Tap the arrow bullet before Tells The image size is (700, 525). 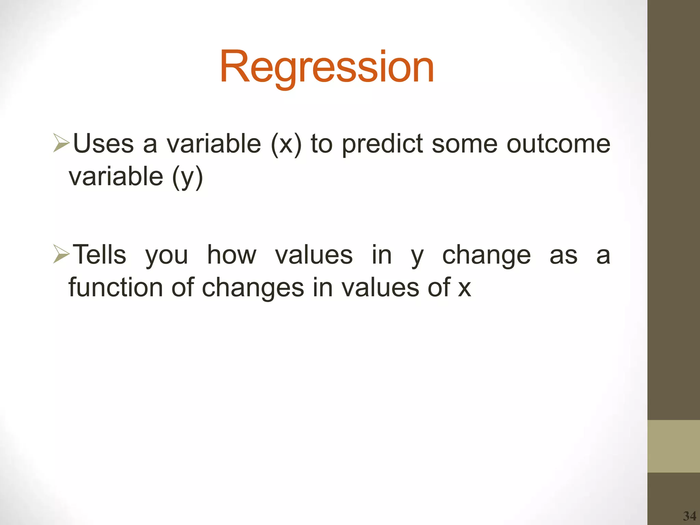click(62, 255)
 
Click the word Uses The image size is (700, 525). click(103, 144)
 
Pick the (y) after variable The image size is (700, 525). click(187, 177)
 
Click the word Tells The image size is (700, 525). click(100, 255)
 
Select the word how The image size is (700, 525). click(231, 255)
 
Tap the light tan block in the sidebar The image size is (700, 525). click(673, 446)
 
